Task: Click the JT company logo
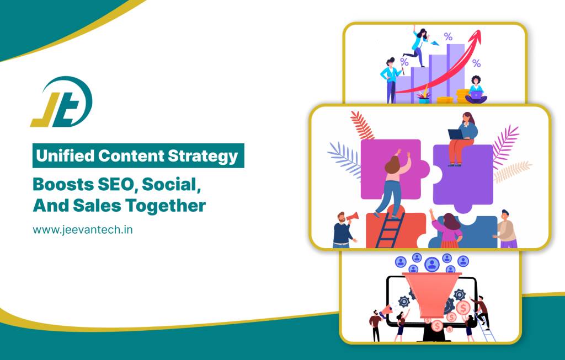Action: click(61, 102)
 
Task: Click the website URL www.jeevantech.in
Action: click(83, 230)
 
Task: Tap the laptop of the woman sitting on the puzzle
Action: click(456, 135)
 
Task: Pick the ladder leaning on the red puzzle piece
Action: click(390, 230)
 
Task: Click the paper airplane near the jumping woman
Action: click(435, 43)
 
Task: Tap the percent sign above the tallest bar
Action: click(448, 36)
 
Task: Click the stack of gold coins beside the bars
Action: click(462, 96)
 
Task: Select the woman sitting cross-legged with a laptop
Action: click(476, 90)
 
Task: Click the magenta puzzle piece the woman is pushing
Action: click(395, 169)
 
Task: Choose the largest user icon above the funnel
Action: click(431, 264)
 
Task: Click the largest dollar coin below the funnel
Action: click(463, 308)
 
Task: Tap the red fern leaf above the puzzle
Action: click(362, 125)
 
